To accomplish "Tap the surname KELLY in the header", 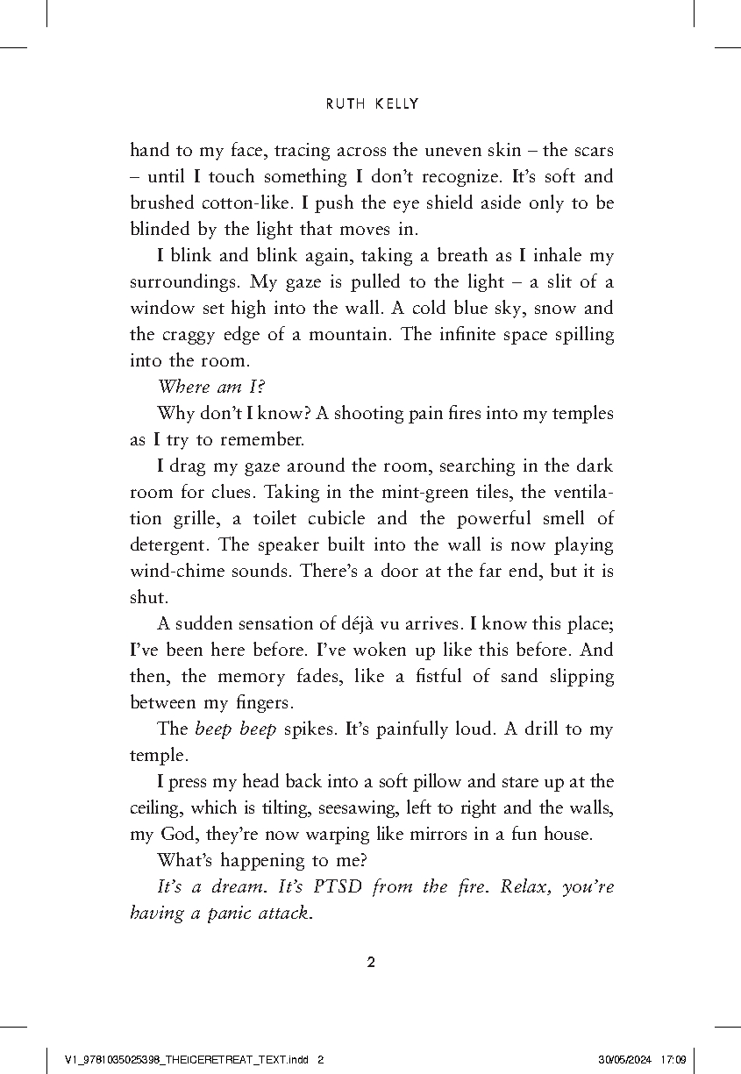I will pos(396,104).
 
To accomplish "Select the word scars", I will pos(592,150).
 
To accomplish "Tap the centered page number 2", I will pos(370,962).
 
